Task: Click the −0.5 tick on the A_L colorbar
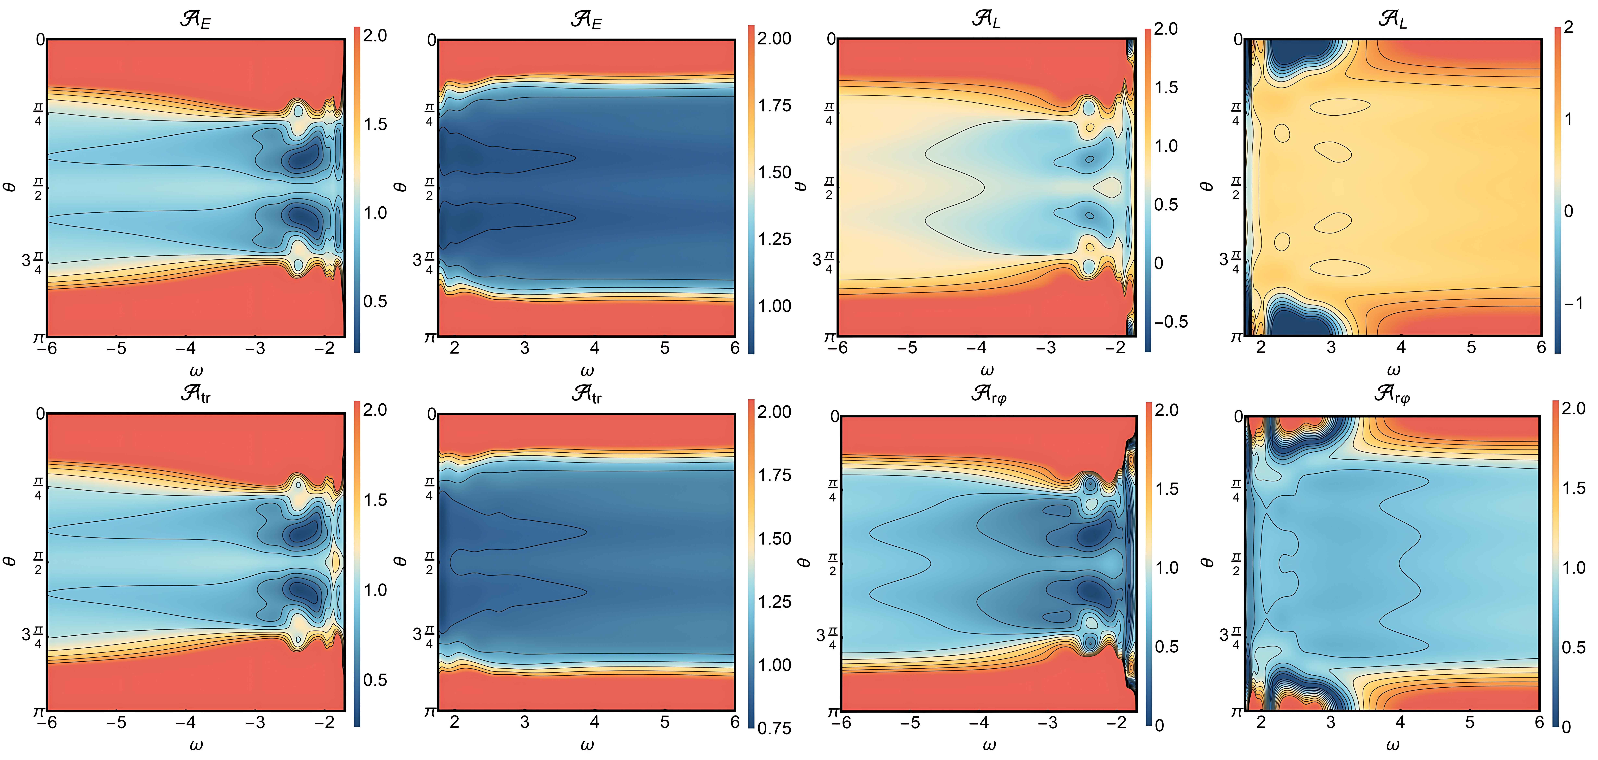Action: pos(1171,321)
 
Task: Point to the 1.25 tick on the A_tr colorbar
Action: pos(774,601)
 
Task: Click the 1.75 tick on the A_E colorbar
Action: pos(774,105)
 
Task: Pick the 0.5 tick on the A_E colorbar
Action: pos(375,302)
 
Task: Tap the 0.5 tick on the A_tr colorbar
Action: pos(375,680)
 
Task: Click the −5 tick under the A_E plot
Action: pos(116,348)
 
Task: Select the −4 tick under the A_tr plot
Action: pos(186,722)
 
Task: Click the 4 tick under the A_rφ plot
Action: pos(1400,722)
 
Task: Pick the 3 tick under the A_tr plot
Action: pos(525,722)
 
